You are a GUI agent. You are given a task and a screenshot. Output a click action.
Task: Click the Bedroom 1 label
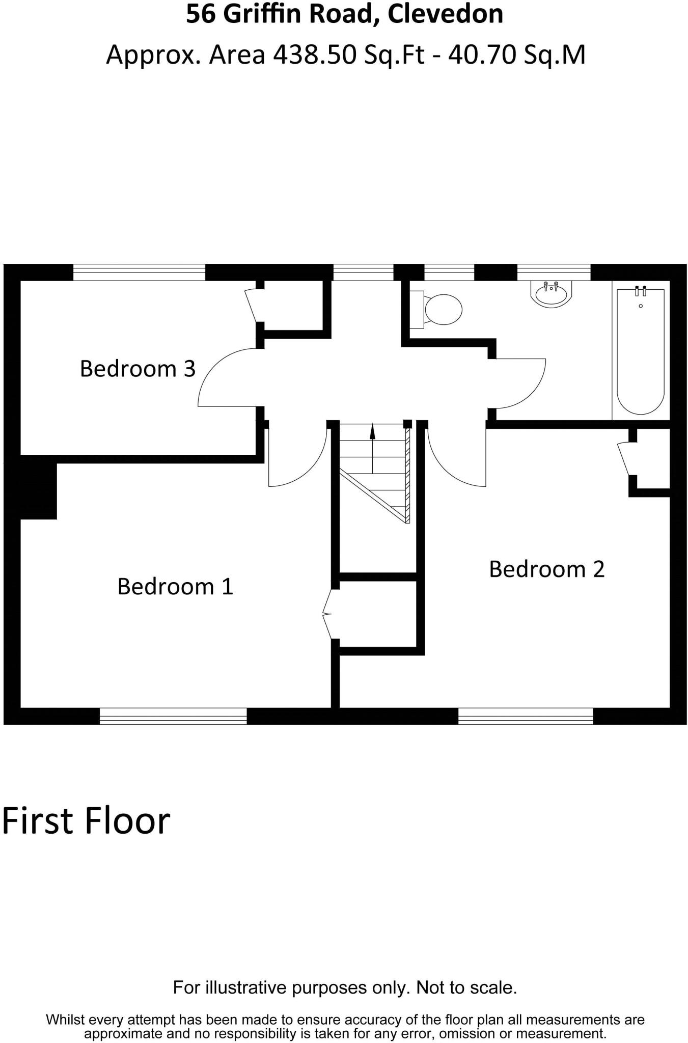(x=175, y=587)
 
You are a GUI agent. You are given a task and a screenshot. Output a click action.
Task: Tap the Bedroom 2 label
(x=546, y=569)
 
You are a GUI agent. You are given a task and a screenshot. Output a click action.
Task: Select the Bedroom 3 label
(x=137, y=369)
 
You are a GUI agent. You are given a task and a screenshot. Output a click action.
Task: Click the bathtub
(x=640, y=351)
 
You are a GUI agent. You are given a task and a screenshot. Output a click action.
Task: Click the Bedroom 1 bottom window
(x=173, y=716)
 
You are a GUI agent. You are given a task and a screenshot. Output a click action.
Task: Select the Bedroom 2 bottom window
(x=526, y=716)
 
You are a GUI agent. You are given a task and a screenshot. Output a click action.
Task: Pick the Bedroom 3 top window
(x=139, y=272)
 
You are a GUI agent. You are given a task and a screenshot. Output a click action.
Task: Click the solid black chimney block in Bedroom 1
(x=37, y=491)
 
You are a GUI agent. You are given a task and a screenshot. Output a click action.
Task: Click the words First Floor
(x=86, y=821)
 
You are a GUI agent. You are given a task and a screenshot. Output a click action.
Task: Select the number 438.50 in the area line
(x=314, y=54)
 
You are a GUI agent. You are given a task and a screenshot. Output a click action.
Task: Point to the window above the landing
(x=363, y=272)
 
